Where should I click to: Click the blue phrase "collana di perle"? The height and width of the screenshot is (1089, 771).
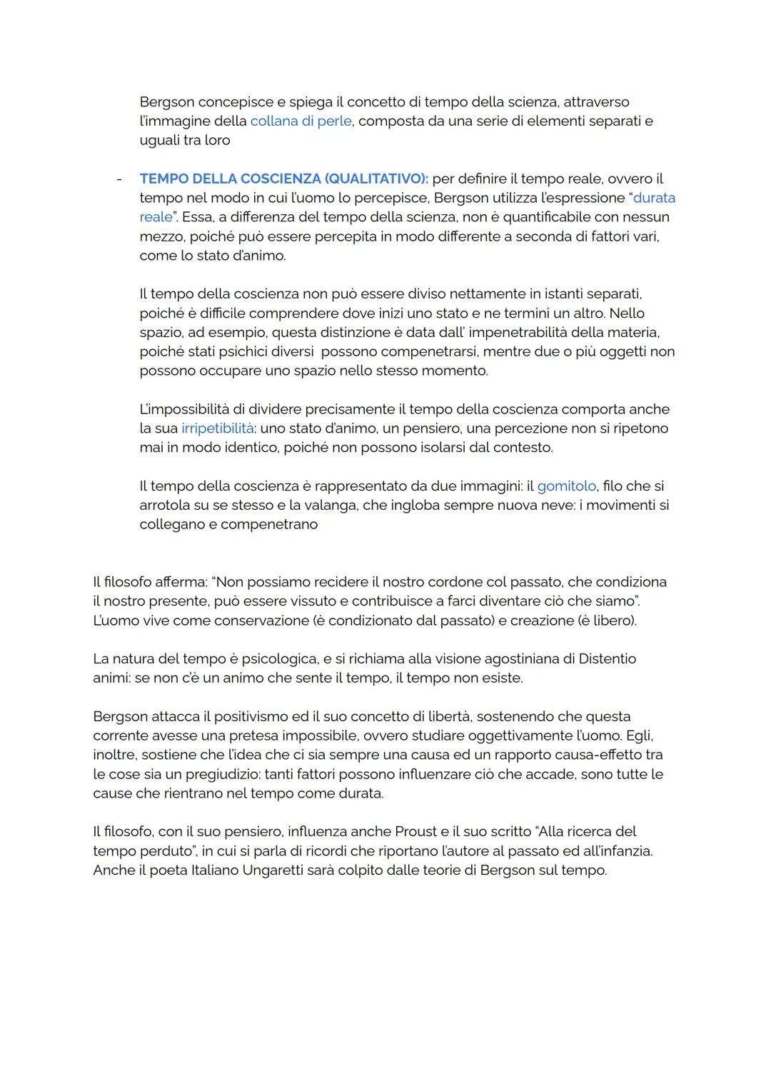point(301,121)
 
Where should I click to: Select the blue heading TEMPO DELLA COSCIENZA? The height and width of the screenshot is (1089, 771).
point(229,179)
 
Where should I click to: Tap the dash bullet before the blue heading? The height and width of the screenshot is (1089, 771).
point(119,179)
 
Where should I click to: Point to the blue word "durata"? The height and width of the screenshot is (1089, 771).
point(654,198)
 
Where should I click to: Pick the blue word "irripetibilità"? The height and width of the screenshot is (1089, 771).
point(218,428)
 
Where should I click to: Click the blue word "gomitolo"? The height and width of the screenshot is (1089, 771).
point(566,486)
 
